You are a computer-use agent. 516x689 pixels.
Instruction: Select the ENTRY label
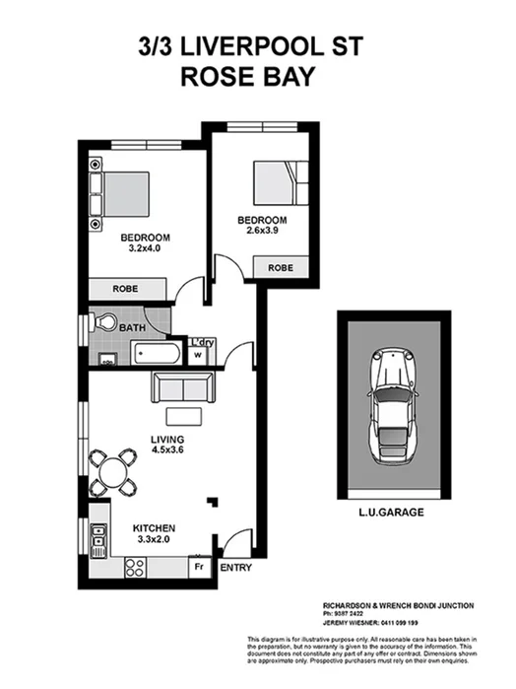(236, 569)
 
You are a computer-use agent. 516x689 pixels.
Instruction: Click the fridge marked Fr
(198, 567)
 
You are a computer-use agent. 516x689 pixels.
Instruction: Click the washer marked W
(198, 355)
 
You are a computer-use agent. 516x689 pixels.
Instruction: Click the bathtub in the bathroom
(157, 352)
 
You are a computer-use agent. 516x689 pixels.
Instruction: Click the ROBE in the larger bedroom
(126, 289)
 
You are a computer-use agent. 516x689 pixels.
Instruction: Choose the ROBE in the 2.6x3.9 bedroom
(280, 267)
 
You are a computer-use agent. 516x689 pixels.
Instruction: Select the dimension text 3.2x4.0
(145, 248)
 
